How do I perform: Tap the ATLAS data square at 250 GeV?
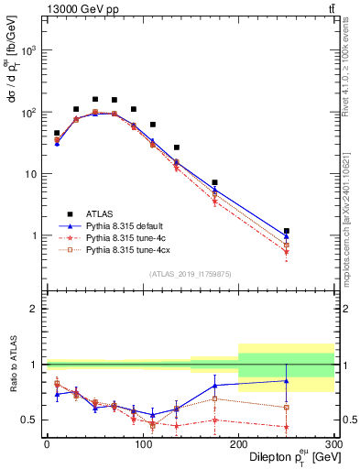tap(287, 231)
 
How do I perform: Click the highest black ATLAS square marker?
tap(95, 99)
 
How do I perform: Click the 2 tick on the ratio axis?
tap(38, 309)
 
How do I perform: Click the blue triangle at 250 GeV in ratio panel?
tap(287, 380)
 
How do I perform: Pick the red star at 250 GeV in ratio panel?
tap(287, 427)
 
